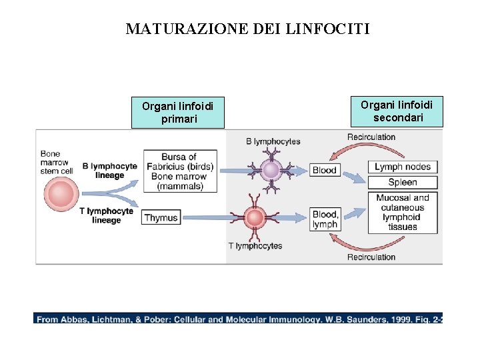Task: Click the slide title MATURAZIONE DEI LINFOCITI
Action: tap(247, 29)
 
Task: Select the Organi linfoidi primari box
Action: tap(177, 113)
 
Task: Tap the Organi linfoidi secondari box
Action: tap(397, 111)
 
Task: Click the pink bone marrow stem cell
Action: tap(61, 194)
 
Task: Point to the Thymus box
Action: tap(161, 218)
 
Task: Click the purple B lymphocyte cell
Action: tap(271, 170)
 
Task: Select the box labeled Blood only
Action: tap(325, 170)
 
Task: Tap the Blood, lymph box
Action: tap(325, 219)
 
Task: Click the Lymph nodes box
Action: tap(403, 167)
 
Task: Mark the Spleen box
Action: tap(403, 182)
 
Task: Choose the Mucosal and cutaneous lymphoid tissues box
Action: tap(403, 212)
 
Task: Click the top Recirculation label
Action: tap(371, 137)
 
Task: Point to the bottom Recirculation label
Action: tap(371, 257)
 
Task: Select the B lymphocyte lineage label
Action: tap(110, 171)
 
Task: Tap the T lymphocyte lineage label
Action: tap(107, 215)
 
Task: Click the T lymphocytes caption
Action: tap(255, 246)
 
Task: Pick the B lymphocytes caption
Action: tap(273, 141)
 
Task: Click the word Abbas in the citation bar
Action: tap(74, 319)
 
